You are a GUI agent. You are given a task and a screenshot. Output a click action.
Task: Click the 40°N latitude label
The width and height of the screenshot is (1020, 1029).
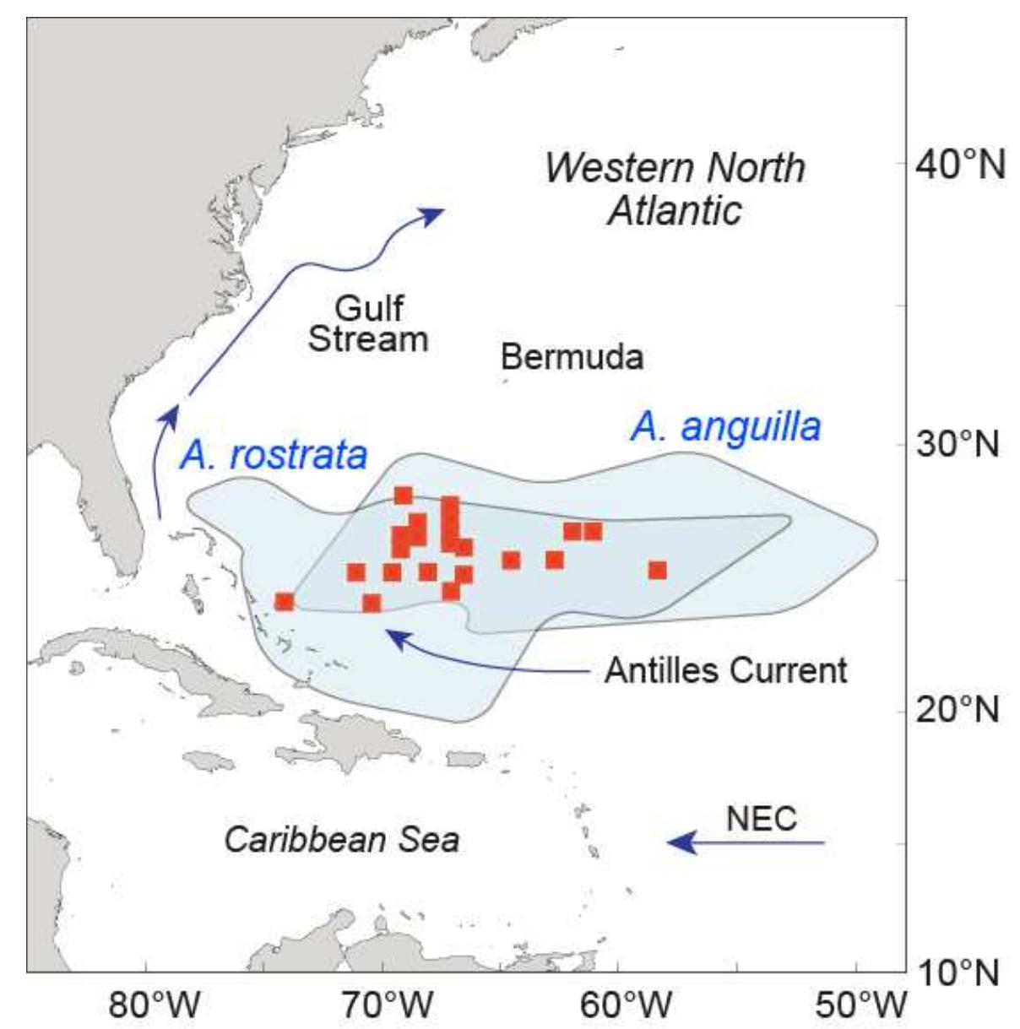(x=959, y=165)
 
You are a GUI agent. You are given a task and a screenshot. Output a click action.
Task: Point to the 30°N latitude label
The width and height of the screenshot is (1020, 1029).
(x=959, y=442)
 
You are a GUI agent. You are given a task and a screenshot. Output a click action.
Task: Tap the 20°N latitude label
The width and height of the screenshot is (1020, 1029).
(x=959, y=709)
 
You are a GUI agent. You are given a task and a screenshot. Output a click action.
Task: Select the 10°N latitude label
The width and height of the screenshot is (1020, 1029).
(x=959, y=973)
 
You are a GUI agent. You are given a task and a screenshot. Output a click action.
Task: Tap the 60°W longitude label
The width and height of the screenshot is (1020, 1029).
(x=626, y=1005)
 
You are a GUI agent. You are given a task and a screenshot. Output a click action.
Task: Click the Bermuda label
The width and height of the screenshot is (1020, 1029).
(x=572, y=357)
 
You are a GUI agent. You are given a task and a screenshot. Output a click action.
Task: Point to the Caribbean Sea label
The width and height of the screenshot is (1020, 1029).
(x=341, y=840)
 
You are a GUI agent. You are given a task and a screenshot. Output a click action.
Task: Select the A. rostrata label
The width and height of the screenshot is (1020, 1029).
(x=274, y=455)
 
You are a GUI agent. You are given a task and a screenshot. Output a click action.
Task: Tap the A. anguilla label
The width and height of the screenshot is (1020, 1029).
(x=725, y=426)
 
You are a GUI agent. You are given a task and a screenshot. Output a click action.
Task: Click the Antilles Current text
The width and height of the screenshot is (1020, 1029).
(x=725, y=671)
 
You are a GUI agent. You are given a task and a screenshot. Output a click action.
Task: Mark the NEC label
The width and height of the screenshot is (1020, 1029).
(x=761, y=818)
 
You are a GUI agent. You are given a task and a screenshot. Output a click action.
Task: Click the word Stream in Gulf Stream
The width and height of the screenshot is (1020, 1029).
(x=368, y=338)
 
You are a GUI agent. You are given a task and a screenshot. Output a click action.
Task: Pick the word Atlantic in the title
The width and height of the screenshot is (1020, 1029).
(x=674, y=210)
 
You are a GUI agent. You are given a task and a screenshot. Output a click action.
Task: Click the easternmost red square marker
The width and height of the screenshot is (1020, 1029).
(x=658, y=570)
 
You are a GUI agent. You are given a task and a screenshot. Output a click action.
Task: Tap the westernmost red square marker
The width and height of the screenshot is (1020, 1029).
(x=285, y=602)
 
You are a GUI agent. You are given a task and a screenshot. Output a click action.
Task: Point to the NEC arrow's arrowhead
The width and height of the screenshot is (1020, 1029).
(x=678, y=842)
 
